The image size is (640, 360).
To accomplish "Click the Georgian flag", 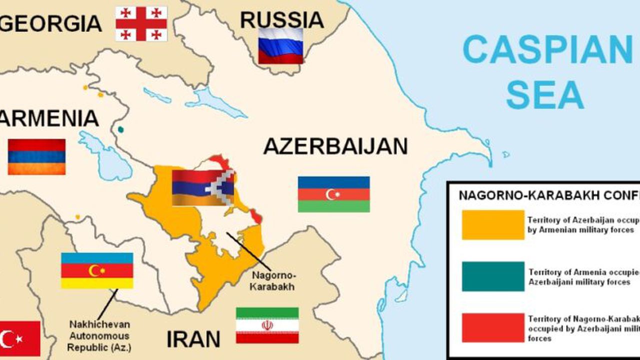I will (x=141, y=23).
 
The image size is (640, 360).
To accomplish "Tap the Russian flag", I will (x=280, y=45).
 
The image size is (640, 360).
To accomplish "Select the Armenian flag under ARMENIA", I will (x=36, y=156).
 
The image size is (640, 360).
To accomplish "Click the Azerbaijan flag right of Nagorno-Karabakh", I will (x=333, y=194).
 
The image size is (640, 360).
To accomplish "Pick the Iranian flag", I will (x=267, y=325).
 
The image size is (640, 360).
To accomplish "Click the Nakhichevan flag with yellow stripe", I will (x=97, y=270).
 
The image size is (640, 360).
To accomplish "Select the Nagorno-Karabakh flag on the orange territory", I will (x=203, y=187).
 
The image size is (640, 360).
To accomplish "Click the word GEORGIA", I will (x=51, y=23).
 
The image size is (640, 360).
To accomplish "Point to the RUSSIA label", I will (x=281, y=20).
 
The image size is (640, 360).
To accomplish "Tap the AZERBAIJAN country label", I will (x=335, y=146).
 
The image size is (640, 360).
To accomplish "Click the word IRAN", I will (x=193, y=339).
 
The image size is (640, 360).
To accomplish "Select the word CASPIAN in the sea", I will (x=547, y=49).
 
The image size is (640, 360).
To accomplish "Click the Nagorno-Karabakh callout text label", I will (x=273, y=281).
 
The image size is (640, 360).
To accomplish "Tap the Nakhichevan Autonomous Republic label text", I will (x=98, y=335).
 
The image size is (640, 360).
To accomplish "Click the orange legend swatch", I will (x=493, y=225).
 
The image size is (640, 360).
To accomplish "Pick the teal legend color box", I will (x=493, y=276).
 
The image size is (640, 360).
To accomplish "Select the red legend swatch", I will (x=493, y=328).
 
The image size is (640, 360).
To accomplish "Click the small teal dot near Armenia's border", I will (x=120, y=129).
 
